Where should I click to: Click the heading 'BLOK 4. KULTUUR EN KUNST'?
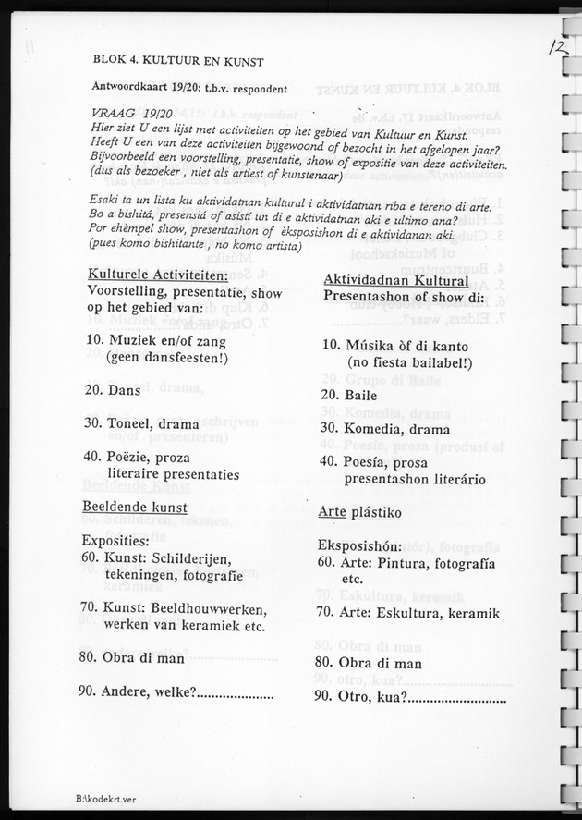point(178,63)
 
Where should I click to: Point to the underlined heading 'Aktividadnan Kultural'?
point(395,280)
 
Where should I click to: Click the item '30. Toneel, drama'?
point(139,422)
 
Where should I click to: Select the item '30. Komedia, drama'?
point(385,428)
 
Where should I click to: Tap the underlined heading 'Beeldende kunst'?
point(134,507)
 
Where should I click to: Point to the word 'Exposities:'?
point(115,540)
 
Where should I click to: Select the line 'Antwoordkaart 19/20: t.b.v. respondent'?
point(190,89)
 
